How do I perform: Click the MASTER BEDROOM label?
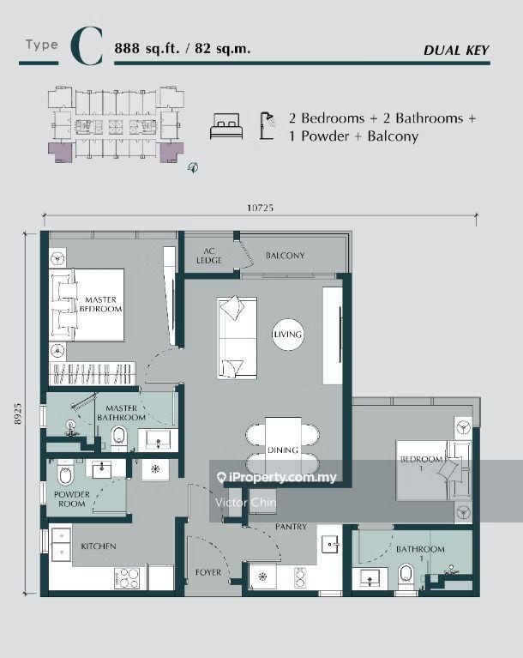[x=100, y=305]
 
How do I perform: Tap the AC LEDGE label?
[x=209, y=256]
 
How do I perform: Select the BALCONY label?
[x=286, y=255]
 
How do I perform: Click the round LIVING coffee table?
[x=287, y=335]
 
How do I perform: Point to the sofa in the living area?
[x=237, y=338]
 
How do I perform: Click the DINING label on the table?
[x=283, y=450]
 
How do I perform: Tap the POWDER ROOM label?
[x=72, y=499]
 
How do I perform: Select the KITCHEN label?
[x=99, y=546]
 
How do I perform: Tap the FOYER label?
[x=208, y=572]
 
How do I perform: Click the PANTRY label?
[x=291, y=526]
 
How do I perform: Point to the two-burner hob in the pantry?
[x=300, y=577]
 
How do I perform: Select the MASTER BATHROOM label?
[x=121, y=413]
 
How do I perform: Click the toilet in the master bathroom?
[x=119, y=438]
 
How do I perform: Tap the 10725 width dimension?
[x=260, y=208]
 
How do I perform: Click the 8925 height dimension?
[x=18, y=414]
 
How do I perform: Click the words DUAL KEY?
[x=456, y=51]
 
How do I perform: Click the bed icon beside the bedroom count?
[x=226, y=126]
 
